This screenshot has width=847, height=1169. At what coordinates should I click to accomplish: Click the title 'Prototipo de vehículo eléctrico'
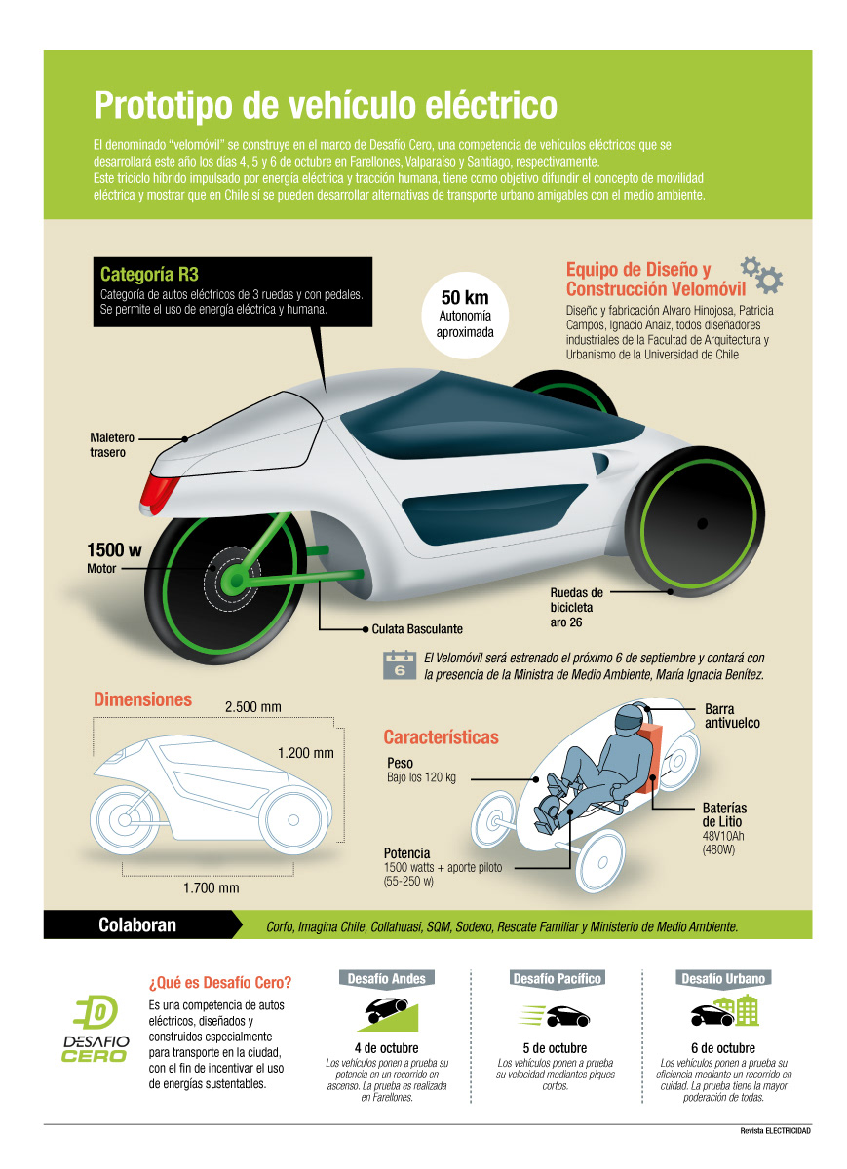pyautogui.click(x=325, y=105)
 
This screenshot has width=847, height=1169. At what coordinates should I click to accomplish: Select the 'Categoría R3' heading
pyautogui.click(x=149, y=275)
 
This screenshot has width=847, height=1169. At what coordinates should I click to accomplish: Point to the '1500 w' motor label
pyautogui.click(x=114, y=549)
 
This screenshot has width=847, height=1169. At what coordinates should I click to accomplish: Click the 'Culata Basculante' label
pyautogui.click(x=417, y=629)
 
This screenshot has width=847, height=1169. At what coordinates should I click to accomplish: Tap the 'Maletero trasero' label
pyautogui.click(x=113, y=445)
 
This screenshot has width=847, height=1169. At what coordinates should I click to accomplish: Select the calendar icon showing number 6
pyautogui.click(x=399, y=664)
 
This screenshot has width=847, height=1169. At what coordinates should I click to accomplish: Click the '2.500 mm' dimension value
pyautogui.click(x=253, y=706)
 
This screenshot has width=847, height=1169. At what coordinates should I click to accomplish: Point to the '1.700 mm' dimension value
pyautogui.click(x=212, y=887)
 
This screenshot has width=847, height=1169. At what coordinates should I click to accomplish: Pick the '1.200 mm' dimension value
pyautogui.click(x=305, y=753)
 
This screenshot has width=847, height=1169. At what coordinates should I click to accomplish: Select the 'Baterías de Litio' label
pyautogui.click(x=724, y=815)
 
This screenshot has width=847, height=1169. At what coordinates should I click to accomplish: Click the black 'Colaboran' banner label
pyautogui.click(x=137, y=924)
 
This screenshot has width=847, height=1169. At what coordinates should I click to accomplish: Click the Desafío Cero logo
pyautogui.click(x=96, y=1030)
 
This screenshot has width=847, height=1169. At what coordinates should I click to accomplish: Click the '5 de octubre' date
pyautogui.click(x=555, y=1048)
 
